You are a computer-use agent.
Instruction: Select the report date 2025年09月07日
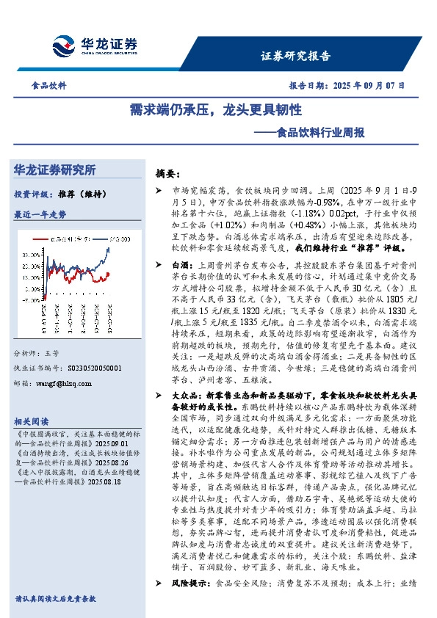point(372,85)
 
